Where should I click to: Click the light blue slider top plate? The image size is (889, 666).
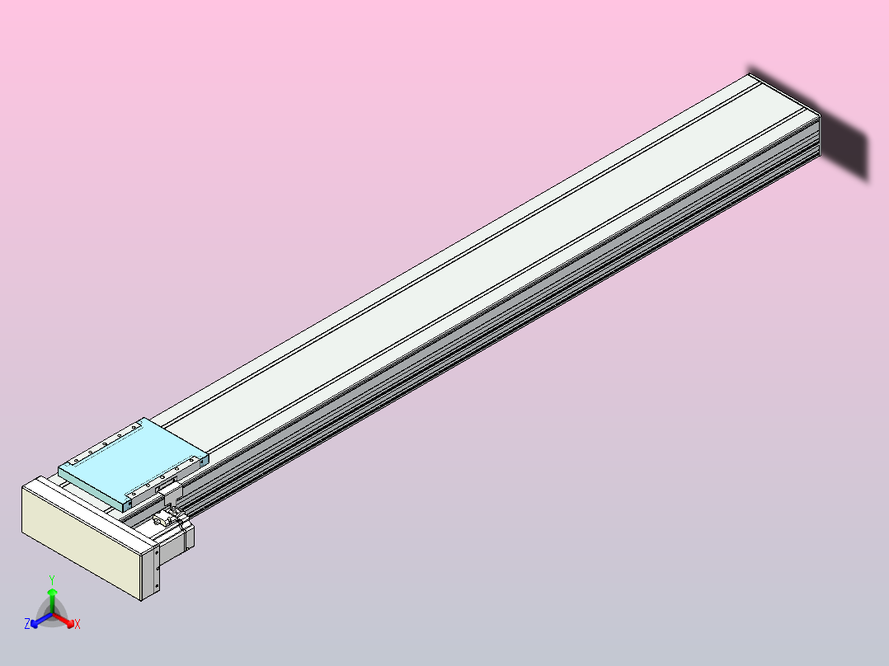tap(132, 462)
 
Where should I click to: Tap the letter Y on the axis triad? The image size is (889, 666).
tap(52, 579)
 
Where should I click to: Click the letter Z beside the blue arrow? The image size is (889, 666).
tap(27, 624)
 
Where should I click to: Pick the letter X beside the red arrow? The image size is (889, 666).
tap(78, 625)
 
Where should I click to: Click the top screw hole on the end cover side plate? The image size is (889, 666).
tap(156, 555)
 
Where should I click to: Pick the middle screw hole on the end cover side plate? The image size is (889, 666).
tap(156, 570)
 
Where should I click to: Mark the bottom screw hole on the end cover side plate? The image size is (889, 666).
tap(156, 586)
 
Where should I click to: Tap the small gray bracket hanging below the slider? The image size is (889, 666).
tap(172, 494)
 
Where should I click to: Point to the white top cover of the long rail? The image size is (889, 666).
tap(495, 247)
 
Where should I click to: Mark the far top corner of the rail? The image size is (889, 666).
tap(751, 76)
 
